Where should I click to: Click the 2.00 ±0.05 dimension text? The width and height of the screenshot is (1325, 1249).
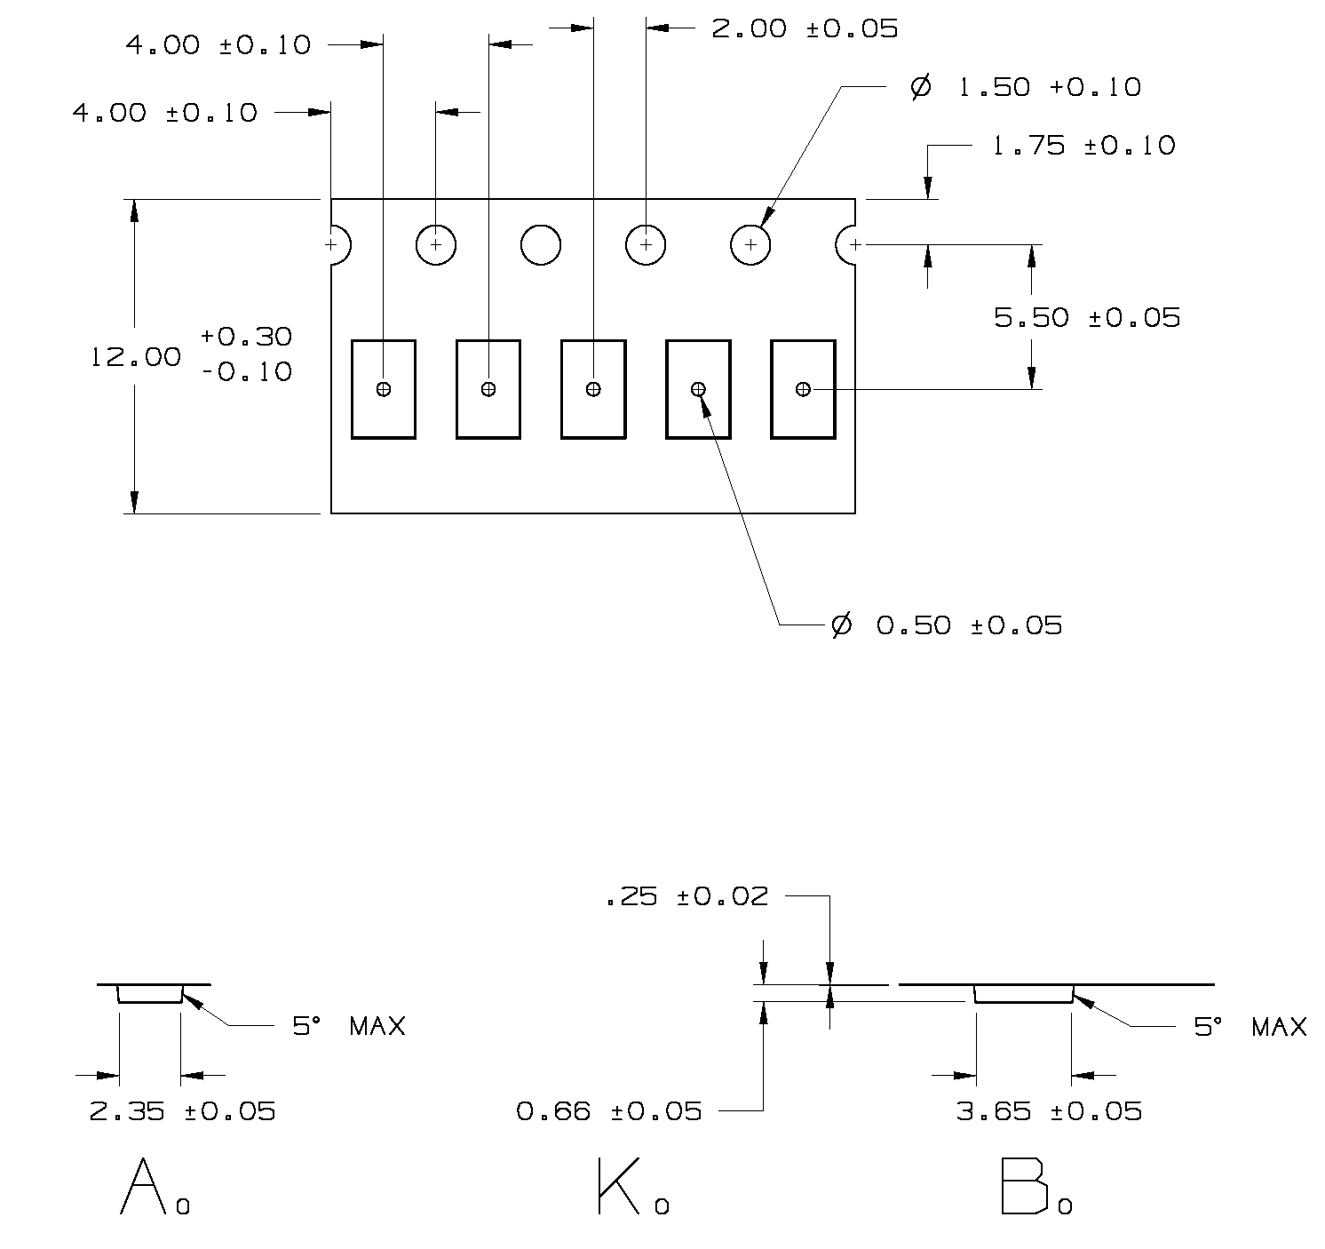click(805, 28)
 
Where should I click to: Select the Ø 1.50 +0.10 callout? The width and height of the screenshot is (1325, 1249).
click(1026, 87)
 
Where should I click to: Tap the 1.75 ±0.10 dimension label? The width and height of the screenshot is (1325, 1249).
click(1083, 146)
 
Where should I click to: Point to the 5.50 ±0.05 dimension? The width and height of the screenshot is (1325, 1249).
click(1087, 317)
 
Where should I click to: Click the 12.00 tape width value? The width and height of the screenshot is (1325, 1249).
click(136, 357)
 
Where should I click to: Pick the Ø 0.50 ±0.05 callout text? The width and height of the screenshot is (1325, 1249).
click(947, 625)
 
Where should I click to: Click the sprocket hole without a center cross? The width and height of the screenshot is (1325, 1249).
click(540, 244)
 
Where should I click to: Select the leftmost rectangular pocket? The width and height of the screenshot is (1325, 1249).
click(384, 389)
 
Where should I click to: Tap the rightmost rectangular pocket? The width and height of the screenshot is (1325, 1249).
click(803, 389)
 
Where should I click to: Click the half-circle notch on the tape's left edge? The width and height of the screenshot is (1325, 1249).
click(339, 244)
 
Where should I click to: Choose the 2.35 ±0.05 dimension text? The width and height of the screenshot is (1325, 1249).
click(183, 1110)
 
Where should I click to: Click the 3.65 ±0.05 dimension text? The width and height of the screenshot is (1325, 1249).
click(1049, 1110)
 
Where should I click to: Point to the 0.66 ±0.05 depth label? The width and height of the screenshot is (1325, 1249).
click(609, 1110)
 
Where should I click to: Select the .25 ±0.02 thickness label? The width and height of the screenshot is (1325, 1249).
click(686, 896)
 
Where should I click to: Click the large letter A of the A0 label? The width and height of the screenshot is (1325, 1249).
click(143, 1186)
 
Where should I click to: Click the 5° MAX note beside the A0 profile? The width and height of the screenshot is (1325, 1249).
click(349, 1027)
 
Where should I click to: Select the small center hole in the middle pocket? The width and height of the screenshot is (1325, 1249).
click(593, 389)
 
